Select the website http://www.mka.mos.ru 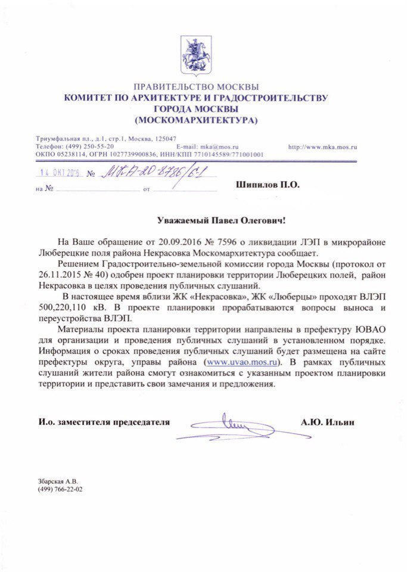tap(322, 146)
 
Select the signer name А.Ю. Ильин tap(328, 422)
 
